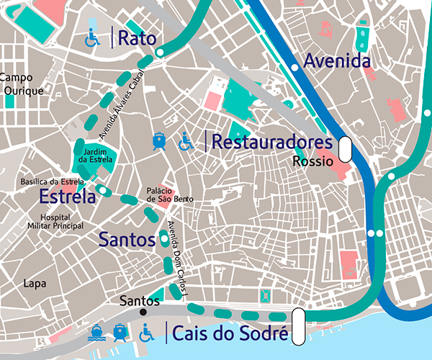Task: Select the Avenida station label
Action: tap(337, 61)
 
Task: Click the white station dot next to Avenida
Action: tap(294, 67)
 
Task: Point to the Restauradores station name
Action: tap(272, 142)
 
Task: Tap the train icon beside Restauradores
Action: tap(160, 141)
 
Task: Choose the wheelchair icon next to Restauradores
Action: tap(186, 142)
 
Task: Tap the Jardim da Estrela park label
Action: tap(95, 156)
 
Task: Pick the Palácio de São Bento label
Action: tap(170, 194)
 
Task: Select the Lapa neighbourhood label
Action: tap(34, 284)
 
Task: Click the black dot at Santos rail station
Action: tap(143, 312)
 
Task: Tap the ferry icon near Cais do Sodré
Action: tap(94, 333)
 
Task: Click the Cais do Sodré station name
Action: tap(230, 333)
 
